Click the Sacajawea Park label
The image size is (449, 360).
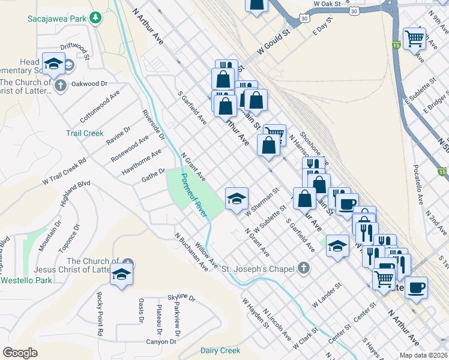click(57, 18)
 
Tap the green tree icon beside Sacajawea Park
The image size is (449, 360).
click(94, 18)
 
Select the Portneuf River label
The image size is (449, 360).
click(193, 193)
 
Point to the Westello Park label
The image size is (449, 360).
click(26, 280)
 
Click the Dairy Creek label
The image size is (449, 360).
click(220, 350)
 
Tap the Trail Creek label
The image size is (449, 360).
click(85, 133)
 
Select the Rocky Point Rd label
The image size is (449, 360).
click(98, 314)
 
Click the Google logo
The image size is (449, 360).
click(20, 353)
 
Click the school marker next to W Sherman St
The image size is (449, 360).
click(237, 198)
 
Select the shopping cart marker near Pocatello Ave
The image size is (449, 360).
click(415, 38)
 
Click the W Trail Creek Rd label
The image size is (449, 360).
click(64, 171)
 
